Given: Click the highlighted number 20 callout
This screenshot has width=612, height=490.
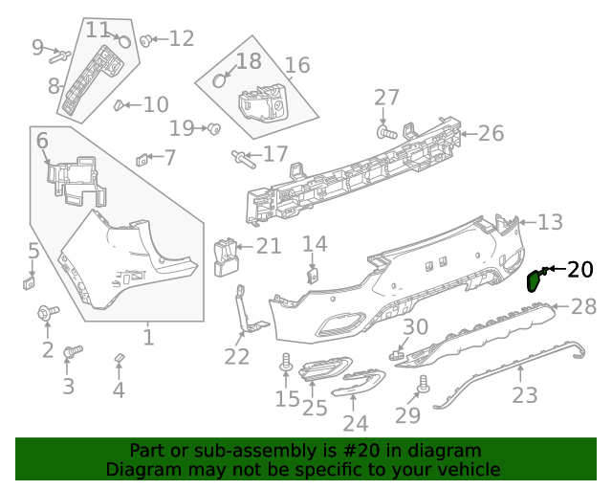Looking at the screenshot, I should pos(579,270).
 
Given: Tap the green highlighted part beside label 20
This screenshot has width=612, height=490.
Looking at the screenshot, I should pos(535,280).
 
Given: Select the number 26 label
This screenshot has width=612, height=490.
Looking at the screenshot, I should pos(491,133).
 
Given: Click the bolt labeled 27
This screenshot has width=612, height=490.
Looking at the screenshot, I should pos(384,131).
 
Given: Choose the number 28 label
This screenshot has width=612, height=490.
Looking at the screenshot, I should pos(583,307).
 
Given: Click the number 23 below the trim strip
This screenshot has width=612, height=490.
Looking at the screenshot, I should pos(525,394).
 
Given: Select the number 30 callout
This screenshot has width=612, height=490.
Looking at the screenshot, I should pos(415,327).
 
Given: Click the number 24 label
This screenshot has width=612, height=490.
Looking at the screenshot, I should pos(355,423).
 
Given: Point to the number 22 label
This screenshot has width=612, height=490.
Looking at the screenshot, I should pos(236,357).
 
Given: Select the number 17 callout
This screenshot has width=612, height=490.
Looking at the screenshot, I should pos(274,154).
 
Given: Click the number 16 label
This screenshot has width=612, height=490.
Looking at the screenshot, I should pos(297,65).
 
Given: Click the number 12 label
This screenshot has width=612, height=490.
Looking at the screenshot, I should pos(181,39).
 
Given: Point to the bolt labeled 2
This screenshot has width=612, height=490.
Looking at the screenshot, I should pos(46,312).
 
